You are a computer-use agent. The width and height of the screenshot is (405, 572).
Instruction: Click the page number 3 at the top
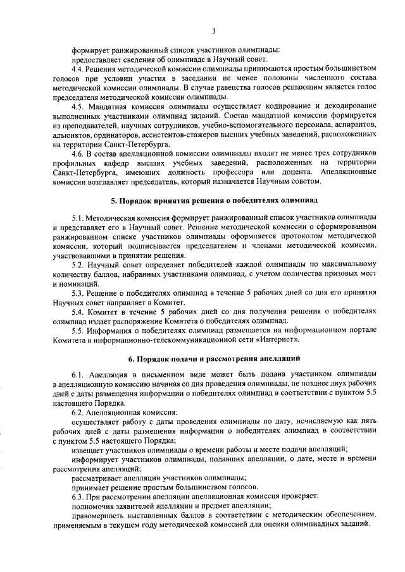coord(215,31)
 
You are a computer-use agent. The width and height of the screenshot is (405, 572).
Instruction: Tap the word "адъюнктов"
coord(72,135)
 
